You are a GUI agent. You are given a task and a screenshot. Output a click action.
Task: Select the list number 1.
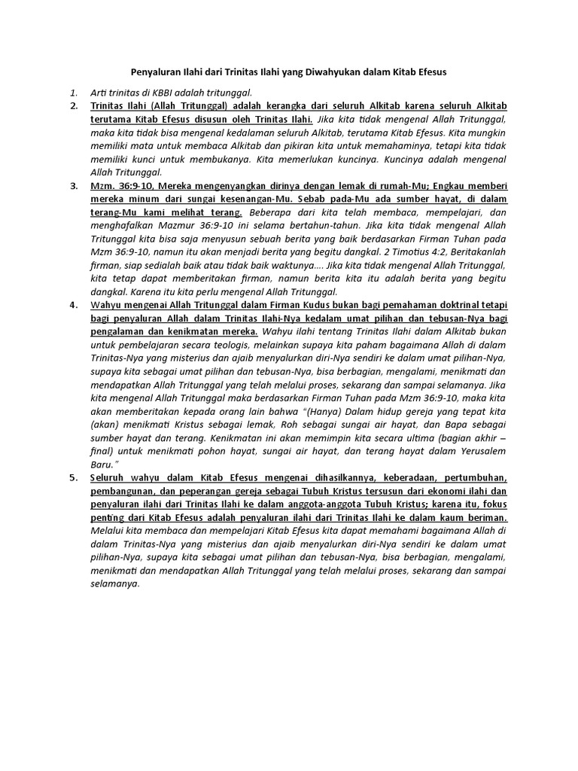tap(73, 92)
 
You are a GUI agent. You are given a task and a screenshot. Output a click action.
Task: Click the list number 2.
tap(74, 105)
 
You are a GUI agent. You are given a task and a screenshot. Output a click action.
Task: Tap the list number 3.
tap(74, 186)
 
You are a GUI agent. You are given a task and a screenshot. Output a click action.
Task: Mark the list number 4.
tap(74, 306)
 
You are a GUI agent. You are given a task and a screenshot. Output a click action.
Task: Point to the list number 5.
tap(74, 479)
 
